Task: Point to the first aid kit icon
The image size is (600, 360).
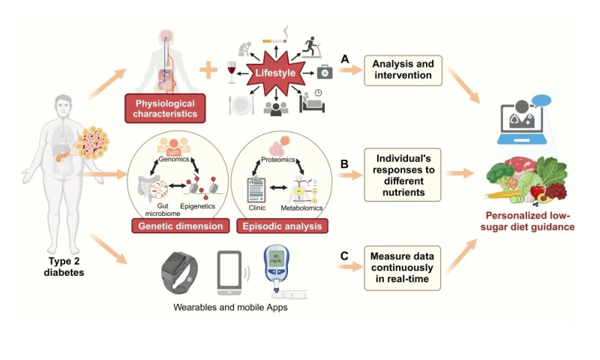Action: point(325,73)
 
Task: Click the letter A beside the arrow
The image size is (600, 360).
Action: point(345,58)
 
